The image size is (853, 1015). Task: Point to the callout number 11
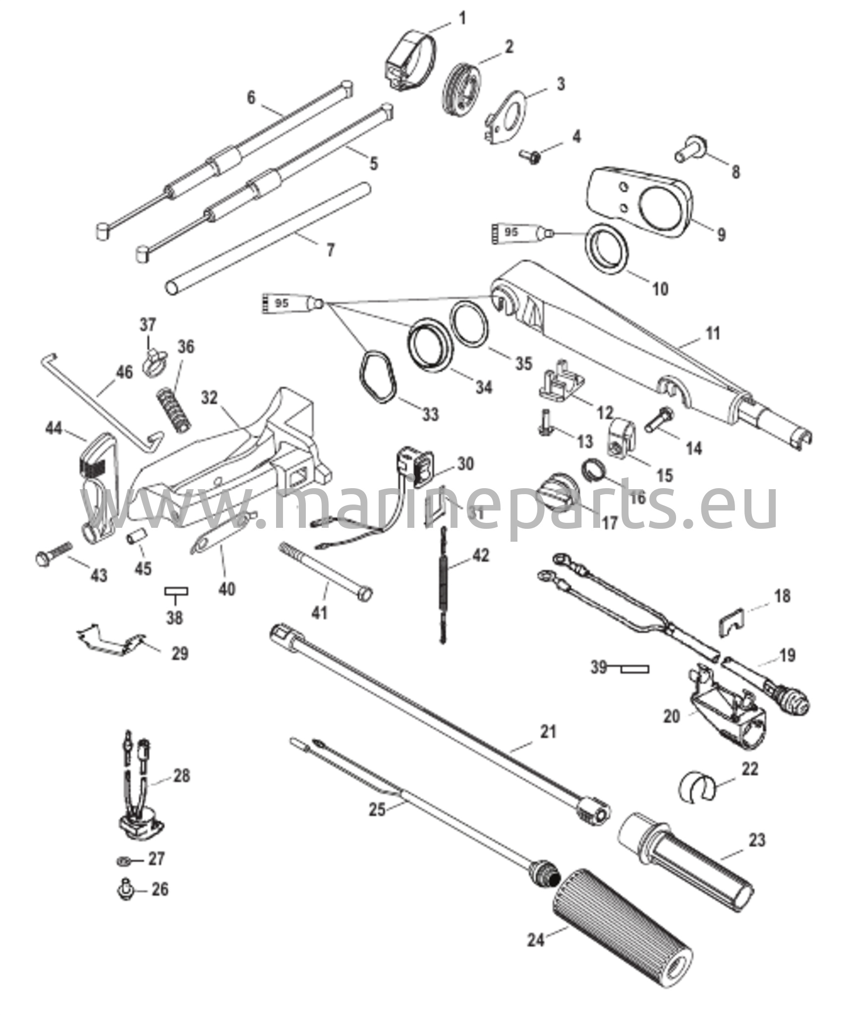click(x=712, y=334)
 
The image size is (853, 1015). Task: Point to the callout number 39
click(x=599, y=668)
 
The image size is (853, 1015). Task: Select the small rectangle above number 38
click(x=176, y=591)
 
